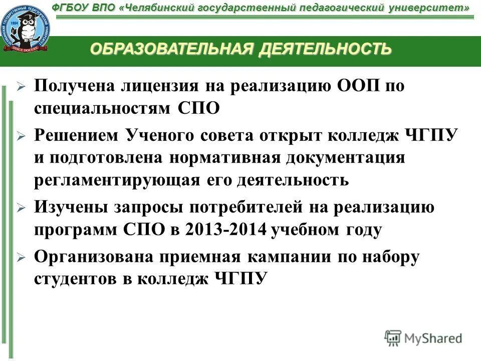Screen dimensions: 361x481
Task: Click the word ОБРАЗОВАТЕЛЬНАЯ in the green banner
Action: click(x=172, y=49)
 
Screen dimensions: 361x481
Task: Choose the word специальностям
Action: click(x=103, y=108)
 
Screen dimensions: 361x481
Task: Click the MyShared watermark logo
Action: click(x=423, y=338)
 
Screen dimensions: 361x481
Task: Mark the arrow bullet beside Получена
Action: click(x=21, y=87)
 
